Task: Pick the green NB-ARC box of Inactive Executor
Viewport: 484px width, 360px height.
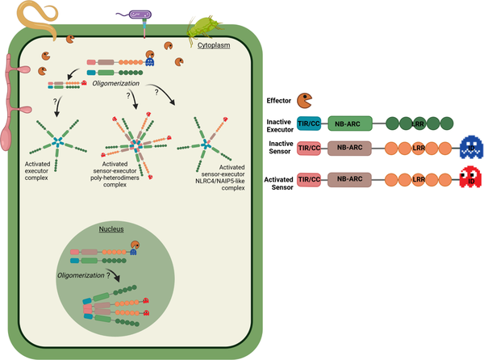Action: click(349, 123)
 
